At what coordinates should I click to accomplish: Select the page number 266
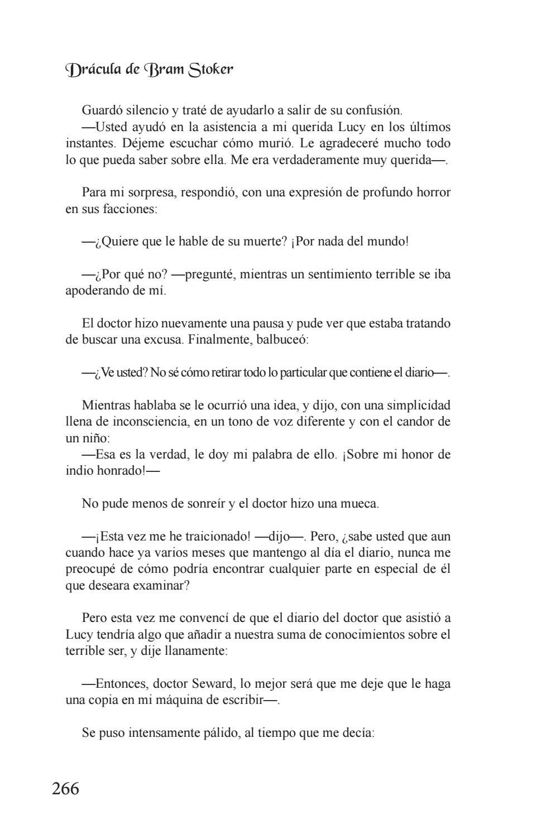coord(66,789)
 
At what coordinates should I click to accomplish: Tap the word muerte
coord(264,242)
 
